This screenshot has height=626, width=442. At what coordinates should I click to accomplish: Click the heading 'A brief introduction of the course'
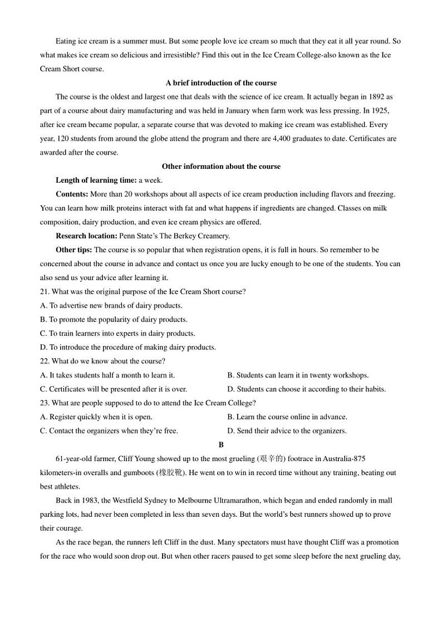221,83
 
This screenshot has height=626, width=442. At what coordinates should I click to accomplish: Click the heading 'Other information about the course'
221,167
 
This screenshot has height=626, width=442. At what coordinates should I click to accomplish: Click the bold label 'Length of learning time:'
96,180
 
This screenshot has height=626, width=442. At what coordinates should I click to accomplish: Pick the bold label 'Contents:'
72,194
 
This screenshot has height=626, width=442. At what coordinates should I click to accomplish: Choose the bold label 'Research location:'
86,236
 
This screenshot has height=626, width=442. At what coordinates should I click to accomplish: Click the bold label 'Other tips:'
75,250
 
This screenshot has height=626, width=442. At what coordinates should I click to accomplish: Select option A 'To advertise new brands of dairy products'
111,306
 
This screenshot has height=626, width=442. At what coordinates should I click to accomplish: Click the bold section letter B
221,445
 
